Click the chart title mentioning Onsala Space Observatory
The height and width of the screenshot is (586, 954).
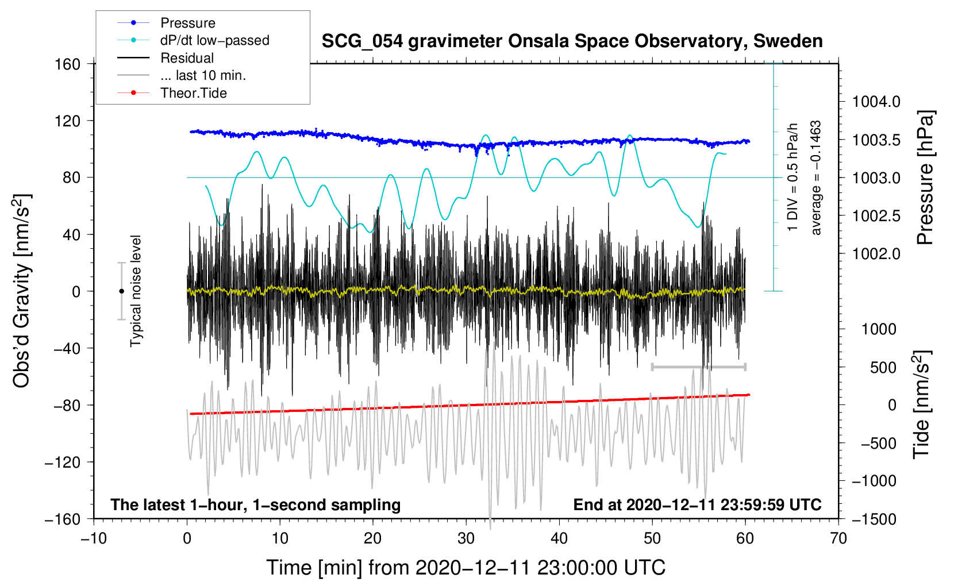pyautogui.click(x=572, y=41)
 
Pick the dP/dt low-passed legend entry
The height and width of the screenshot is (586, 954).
pyautogui.click(x=193, y=40)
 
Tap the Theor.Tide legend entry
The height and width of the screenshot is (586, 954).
pyautogui.click(x=172, y=93)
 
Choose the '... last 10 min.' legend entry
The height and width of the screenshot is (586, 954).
pyautogui.click(x=182, y=75)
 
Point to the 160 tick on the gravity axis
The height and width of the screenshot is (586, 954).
pyautogui.click(x=68, y=64)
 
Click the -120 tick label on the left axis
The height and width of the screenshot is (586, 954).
pyautogui.click(x=63, y=462)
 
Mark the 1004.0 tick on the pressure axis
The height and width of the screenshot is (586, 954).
pyautogui.click(x=876, y=102)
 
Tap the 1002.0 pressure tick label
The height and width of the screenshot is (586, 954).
pyautogui.click(x=876, y=254)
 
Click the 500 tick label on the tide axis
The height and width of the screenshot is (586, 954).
pyautogui.click(x=883, y=368)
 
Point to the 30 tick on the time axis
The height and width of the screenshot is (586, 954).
pyautogui.click(x=466, y=538)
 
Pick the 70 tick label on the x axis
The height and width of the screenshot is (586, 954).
pyautogui.click(x=838, y=538)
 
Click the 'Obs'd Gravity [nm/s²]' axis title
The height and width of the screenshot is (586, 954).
pyautogui.click(x=21, y=291)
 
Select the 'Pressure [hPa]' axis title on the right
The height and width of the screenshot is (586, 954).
pyautogui.click(x=925, y=178)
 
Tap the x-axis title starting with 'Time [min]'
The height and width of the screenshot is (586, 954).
pyautogui.click(x=466, y=568)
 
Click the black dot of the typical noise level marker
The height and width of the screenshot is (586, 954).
pyautogui.click(x=121, y=291)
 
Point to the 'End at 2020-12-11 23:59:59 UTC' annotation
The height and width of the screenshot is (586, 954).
pyautogui.click(x=697, y=504)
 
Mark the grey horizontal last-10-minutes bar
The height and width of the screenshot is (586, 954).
pyautogui.click(x=698, y=367)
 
